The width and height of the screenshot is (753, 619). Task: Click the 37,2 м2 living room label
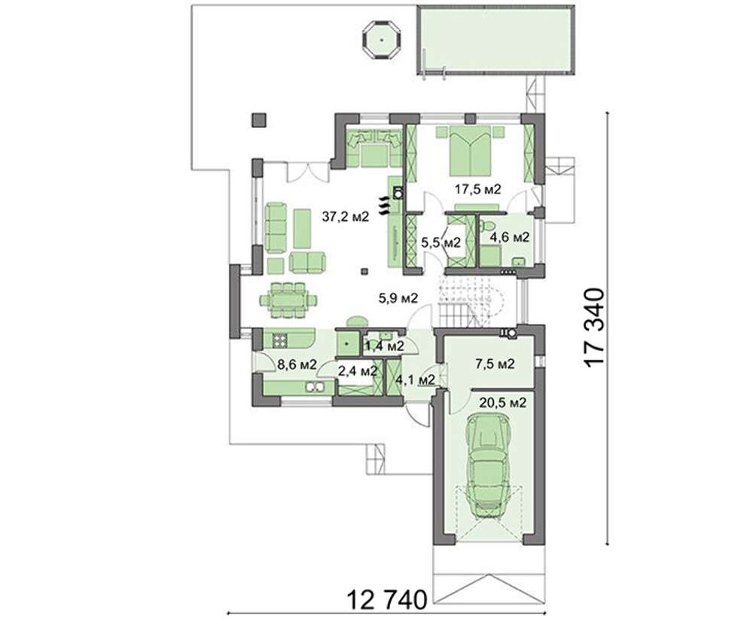(346, 217)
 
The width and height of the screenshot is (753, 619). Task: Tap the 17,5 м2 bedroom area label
(478, 189)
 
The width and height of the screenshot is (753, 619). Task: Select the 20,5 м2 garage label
(501, 402)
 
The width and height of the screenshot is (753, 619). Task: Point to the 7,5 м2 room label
(494, 364)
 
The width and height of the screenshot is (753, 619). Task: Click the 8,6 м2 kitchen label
(297, 364)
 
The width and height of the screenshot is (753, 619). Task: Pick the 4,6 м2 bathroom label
(510, 236)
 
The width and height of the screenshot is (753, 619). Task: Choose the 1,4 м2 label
(385, 345)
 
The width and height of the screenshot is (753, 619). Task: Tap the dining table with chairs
(288, 300)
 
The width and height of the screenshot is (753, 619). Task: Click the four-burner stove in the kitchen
(280, 340)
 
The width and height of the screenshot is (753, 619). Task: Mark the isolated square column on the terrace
(259, 120)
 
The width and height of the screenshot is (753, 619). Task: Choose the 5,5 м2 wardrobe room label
(441, 242)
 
